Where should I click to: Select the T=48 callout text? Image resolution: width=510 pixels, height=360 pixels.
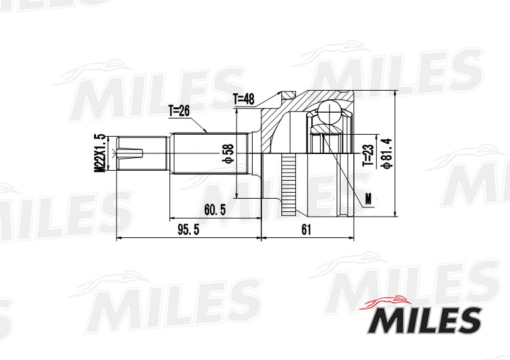(x=244, y=99)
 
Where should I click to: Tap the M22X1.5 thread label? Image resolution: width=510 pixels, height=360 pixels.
(x=100, y=153)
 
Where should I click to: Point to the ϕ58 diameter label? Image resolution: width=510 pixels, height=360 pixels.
(x=228, y=153)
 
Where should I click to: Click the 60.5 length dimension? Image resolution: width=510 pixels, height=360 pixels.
(x=215, y=210)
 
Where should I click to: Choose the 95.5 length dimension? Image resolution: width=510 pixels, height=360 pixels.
(x=189, y=230)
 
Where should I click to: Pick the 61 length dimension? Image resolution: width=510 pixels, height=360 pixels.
(x=306, y=230)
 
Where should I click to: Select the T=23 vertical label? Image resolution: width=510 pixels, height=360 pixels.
(x=367, y=155)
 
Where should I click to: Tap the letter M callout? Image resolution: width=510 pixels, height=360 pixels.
(x=368, y=198)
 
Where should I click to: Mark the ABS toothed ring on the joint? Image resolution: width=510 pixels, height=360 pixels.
(x=288, y=180)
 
